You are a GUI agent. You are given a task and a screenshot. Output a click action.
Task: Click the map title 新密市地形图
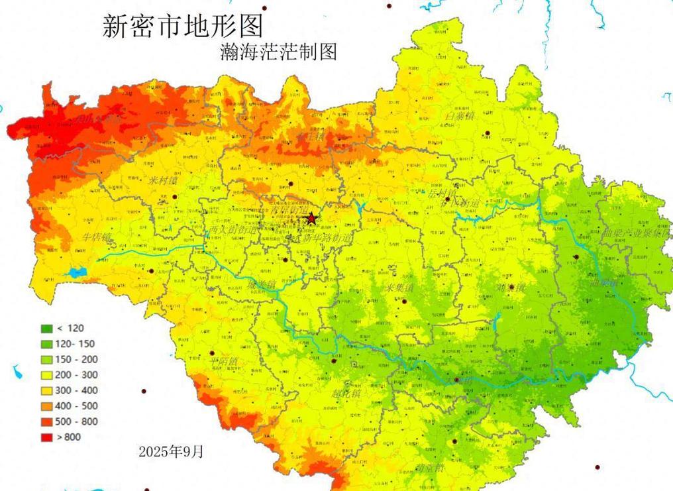pos(183,26)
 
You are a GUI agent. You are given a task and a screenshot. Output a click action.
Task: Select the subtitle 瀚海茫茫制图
pos(278,51)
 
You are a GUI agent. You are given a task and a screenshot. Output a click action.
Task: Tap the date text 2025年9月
pos(171,452)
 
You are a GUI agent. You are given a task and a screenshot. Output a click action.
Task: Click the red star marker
pos(311,218)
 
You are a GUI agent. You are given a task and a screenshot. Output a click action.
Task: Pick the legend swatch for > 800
pos(47,437)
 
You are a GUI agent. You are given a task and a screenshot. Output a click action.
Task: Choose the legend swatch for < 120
pos(47,329)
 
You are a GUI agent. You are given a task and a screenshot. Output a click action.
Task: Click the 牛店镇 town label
pos(97,237)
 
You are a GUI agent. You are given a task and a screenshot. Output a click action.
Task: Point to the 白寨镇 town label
pos(460,117)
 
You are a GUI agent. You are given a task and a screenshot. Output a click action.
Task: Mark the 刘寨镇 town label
pos(511,289)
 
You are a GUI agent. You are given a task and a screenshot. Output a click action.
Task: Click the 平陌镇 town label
pos(224,362)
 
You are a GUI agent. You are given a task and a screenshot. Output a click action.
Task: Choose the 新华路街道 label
pos(327,237)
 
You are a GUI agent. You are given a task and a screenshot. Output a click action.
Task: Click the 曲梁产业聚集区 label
pos(637,234)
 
